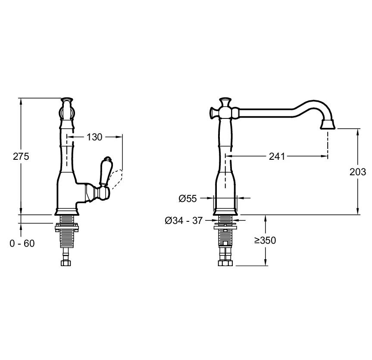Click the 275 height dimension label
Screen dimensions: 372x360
21,157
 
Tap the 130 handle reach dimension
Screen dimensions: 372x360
94,137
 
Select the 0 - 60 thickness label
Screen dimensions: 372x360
22,243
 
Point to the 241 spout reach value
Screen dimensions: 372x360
277,156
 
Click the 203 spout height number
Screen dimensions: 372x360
358,172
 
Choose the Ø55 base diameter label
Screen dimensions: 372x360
188,199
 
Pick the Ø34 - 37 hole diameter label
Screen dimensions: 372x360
184,220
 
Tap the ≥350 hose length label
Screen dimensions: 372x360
265,240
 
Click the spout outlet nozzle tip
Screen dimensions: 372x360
328,124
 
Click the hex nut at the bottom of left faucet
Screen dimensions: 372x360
66,263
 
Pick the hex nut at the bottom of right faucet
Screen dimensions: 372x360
225,263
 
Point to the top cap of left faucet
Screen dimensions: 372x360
67,99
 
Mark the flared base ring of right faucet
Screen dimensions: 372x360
225,212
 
